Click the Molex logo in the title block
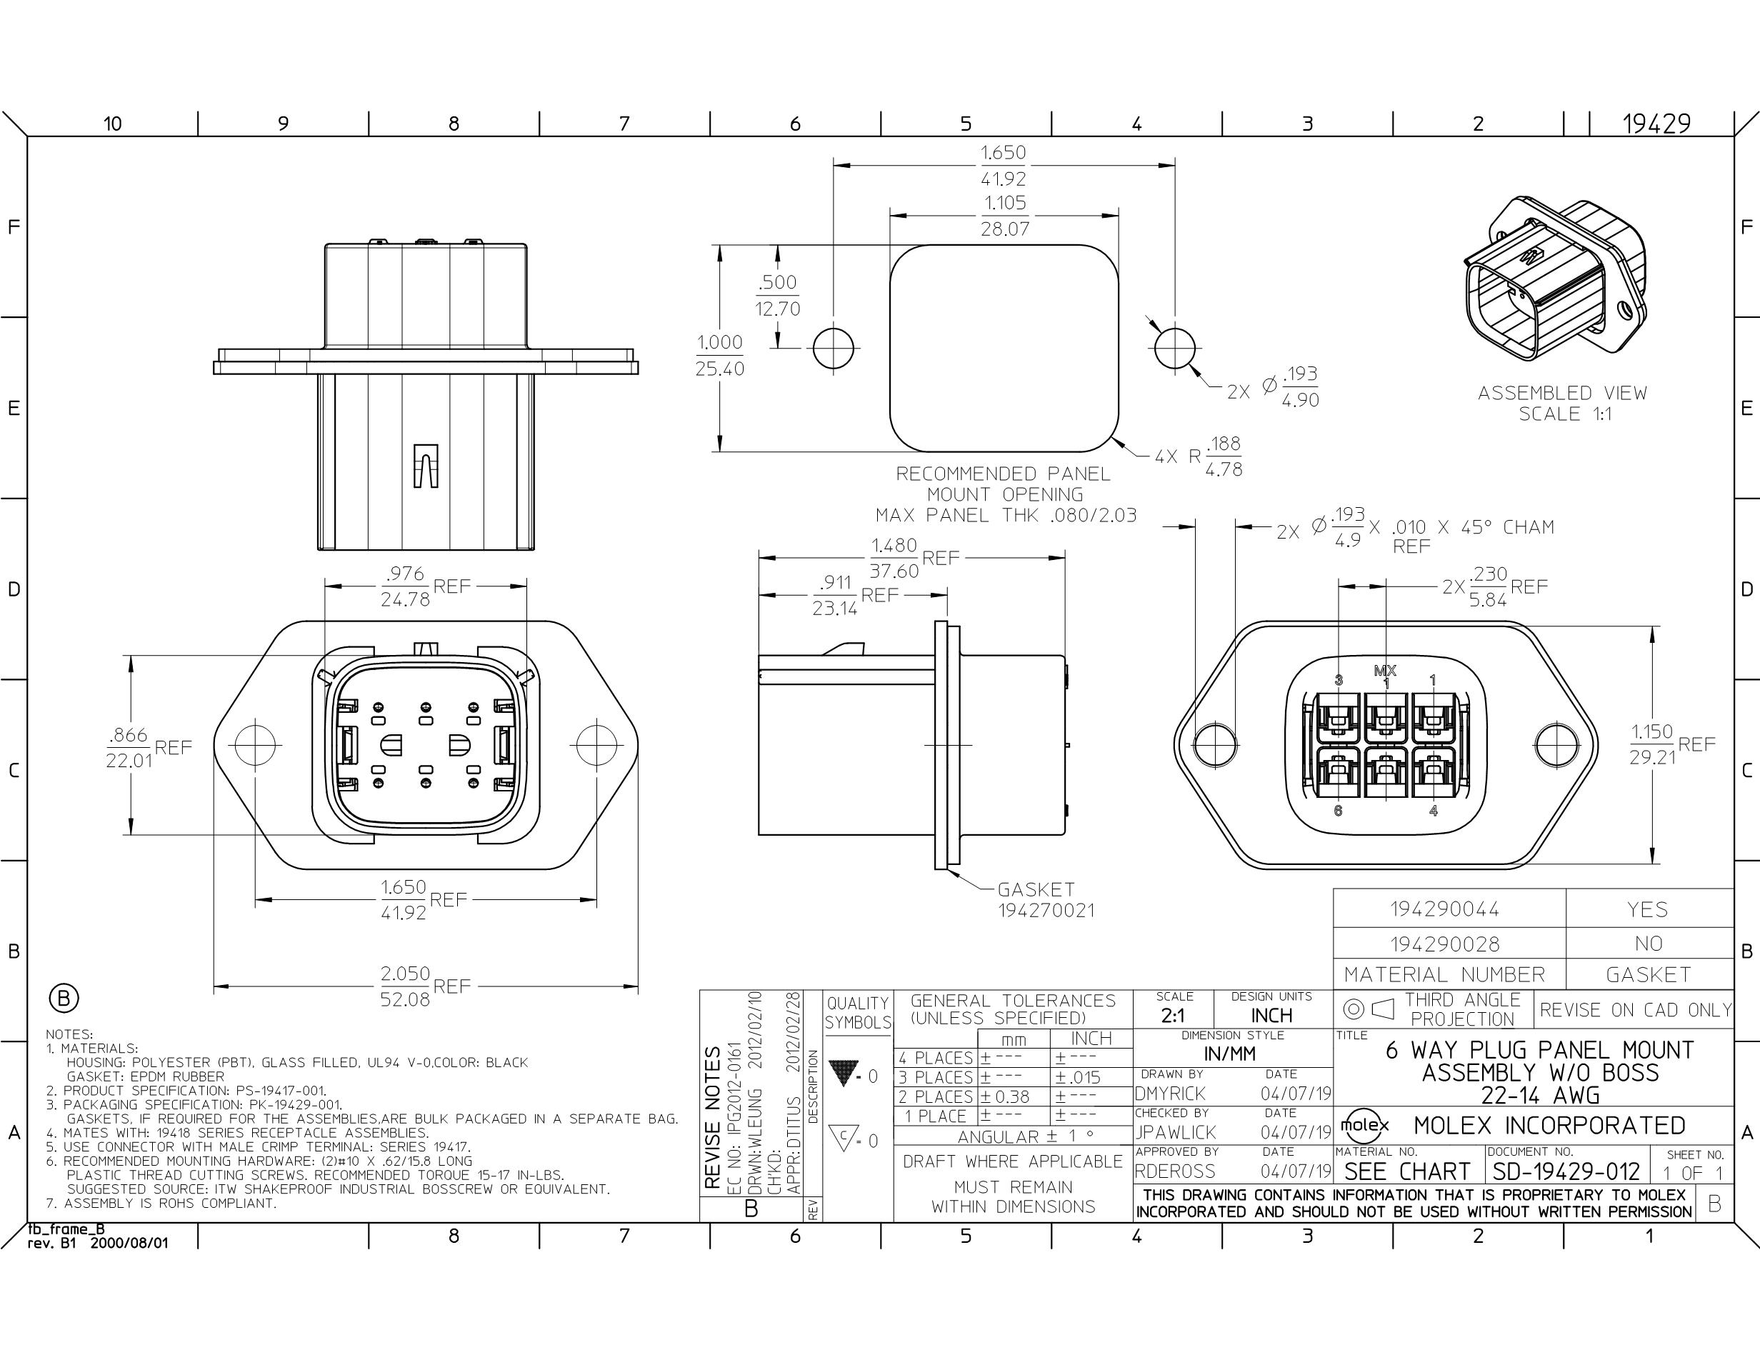pyautogui.click(x=1364, y=1126)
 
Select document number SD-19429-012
pyautogui.click(x=1566, y=1171)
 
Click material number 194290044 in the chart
pyautogui.click(x=1445, y=909)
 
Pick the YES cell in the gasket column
pyautogui.click(x=1647, y=909)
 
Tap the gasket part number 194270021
pyautogui.click(x=1046, y=911)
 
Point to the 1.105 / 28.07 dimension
pyautogui.click(x=1004, y=215)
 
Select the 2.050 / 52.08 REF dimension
pyautogui.click(x=426, y=985)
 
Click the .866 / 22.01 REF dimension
pyautogui.click(x=149, y=747)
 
